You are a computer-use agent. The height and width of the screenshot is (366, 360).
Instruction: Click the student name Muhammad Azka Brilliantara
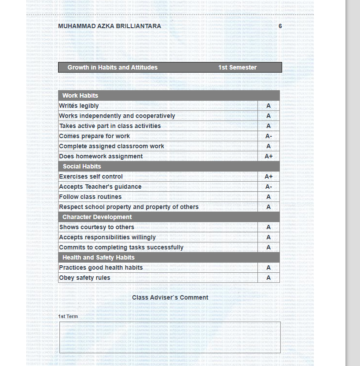click(x=110, y=26)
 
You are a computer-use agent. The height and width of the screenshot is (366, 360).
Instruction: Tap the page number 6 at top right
click(x=280, y=26)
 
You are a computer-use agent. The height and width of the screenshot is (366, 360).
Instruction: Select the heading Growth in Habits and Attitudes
click(x=112, y=67)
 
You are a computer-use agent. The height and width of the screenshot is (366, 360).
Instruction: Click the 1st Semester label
click(x=237, y=67)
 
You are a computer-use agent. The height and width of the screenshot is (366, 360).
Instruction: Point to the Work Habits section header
click(x=80, y=95)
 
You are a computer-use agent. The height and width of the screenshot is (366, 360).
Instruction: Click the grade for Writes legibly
click(x=268, y=106)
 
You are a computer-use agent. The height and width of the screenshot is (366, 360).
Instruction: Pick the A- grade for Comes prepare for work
click(x=268, y=136)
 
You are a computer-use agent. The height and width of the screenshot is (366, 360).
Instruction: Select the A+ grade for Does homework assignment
click(x=268, y=157)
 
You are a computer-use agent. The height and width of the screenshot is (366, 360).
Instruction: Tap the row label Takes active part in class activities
click(x=110, y=126)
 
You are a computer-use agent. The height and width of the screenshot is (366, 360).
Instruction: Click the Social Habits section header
click(x=82, y=166)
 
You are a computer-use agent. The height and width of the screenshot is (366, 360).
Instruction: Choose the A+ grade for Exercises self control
click(x=268, y=177)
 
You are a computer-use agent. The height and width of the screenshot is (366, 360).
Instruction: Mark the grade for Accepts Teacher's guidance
click(x=268, y=187)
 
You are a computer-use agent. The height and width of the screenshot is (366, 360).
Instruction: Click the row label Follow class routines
click(x=90, y=197)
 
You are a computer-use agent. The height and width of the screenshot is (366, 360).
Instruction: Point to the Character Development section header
click(x=97, y=217)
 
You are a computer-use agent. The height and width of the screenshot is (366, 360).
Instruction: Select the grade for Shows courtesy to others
click(x=268, y=227)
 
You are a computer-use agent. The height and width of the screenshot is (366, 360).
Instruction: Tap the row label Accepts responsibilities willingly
click(x=107, y=238)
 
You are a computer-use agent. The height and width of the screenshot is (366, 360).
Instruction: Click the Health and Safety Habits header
click(x=99, y=257)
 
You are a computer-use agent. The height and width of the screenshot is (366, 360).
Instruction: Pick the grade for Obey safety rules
click(x=268, y=278)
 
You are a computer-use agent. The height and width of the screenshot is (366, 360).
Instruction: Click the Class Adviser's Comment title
click(x=170, y=298)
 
